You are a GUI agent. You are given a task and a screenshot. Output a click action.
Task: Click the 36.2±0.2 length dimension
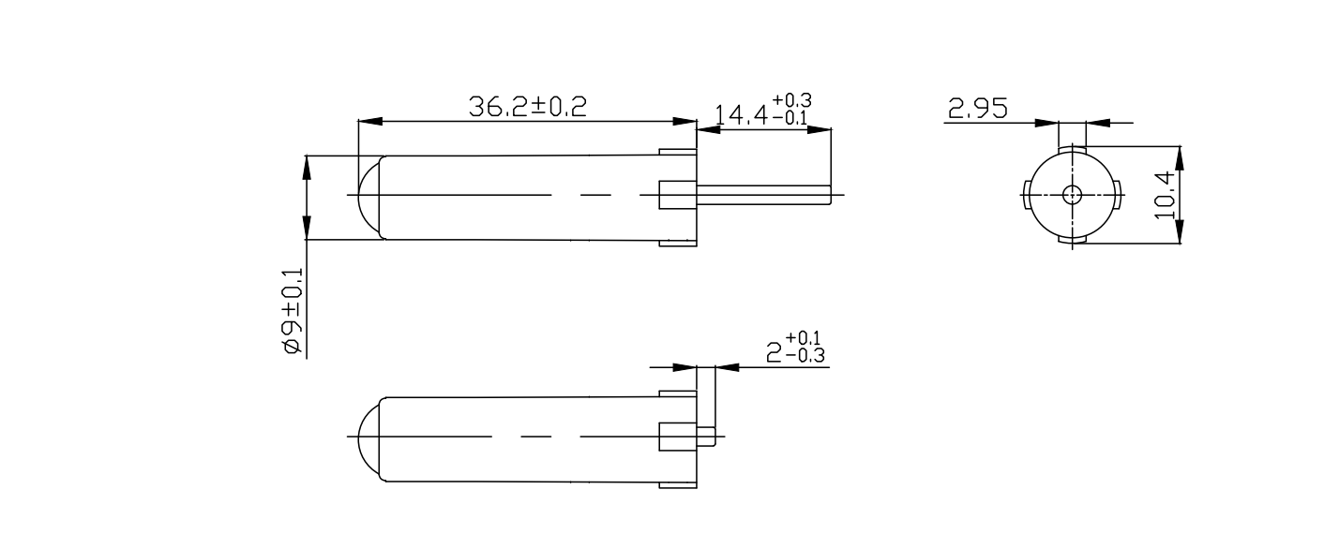click(527, 107)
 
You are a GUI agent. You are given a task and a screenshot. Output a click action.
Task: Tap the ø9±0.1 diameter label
click(293, 311)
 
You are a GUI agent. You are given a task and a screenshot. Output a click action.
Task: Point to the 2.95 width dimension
click(977, 110)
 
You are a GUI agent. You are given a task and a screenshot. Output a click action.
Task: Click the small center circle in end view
click(1072, 195)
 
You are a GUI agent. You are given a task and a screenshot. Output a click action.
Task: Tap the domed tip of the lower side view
click(369, 438)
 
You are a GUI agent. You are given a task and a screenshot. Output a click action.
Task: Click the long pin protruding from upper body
click(764, 195)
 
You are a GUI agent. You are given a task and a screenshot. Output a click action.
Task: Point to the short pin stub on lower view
click(708, 437)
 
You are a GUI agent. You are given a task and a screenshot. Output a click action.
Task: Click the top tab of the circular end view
click(1072, 150)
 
